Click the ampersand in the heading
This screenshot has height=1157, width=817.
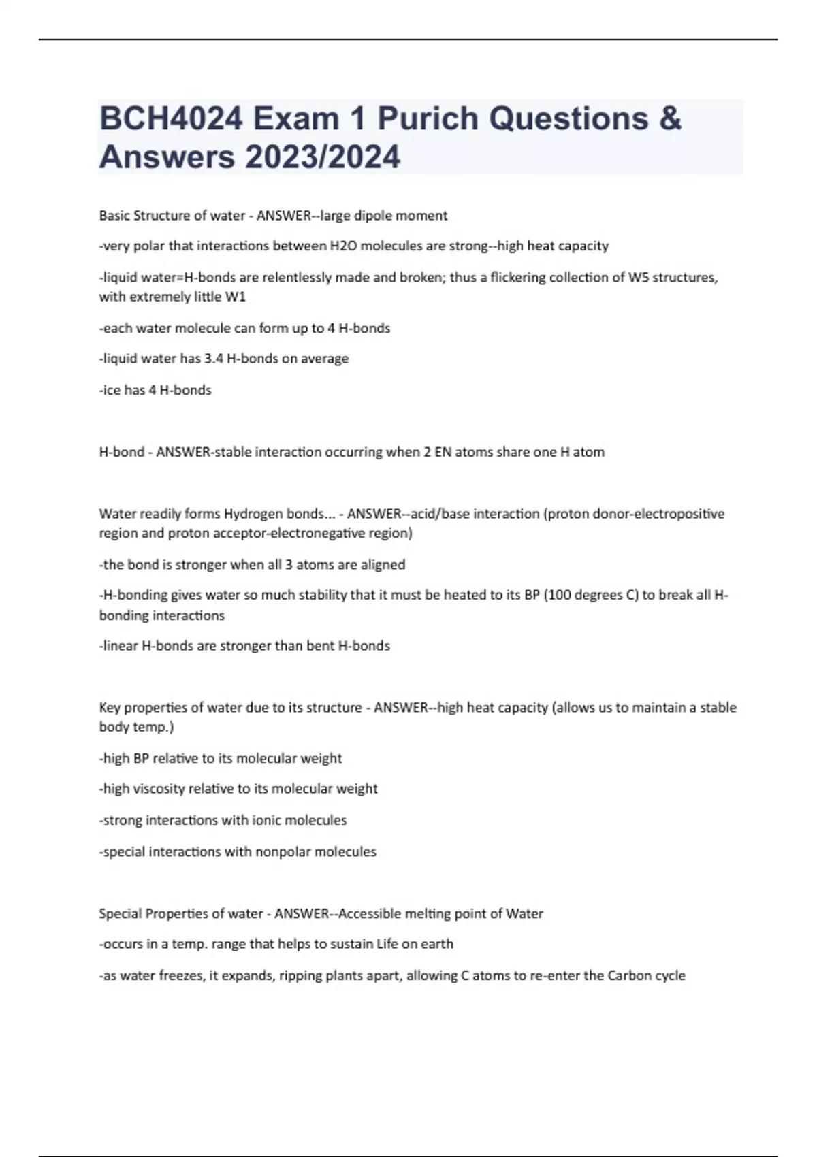670,118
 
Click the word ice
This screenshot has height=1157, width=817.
112,390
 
